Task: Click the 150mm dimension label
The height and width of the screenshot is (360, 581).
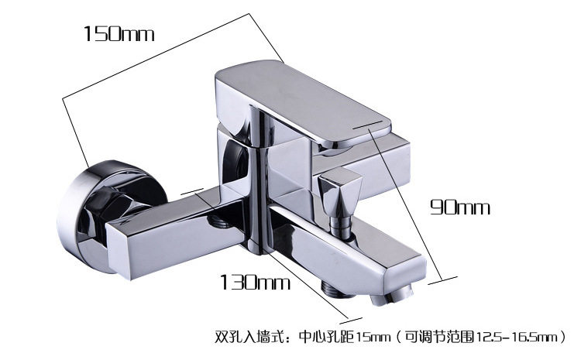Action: (x=119, y=33)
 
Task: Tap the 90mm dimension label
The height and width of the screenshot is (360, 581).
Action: (x=460, y=207)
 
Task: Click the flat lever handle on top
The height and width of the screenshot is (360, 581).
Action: (x=302, y=101)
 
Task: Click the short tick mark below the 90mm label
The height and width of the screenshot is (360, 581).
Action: (x=445, y=279)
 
